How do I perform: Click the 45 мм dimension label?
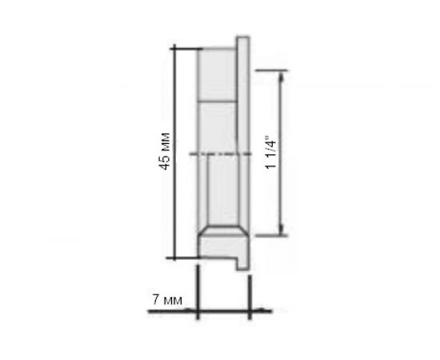tap(164, 149)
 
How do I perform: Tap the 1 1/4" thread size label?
tap(273, 151)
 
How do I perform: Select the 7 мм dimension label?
tap(167, 300)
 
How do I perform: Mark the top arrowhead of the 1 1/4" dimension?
tap(282, 74)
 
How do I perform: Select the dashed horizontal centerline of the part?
tap(216, 154)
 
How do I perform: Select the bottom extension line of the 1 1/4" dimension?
tap(270, 236)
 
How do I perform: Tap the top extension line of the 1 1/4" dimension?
tap(270, 70)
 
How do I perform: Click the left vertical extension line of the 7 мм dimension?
tap(198, 292)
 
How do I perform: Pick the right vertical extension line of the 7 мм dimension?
tap(250, 292)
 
